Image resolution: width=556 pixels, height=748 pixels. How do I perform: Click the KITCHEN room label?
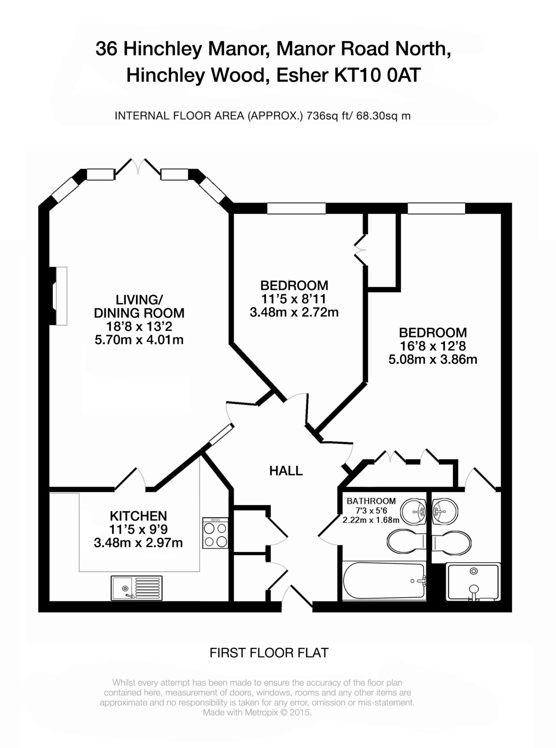click(138, 516)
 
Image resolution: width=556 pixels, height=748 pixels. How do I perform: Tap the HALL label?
click(286, 471)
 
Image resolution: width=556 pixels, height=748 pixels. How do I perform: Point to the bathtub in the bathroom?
click(383, 581)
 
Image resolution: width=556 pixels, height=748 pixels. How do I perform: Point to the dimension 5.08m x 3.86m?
click(432, 359)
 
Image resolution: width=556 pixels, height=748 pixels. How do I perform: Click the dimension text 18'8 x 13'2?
click(139, 326)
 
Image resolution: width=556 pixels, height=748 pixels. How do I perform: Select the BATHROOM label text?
click(371, 501)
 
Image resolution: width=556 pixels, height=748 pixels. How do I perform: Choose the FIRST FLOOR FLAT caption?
click(269, 653)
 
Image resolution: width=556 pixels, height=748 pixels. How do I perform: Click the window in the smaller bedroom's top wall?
click(296, 208)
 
